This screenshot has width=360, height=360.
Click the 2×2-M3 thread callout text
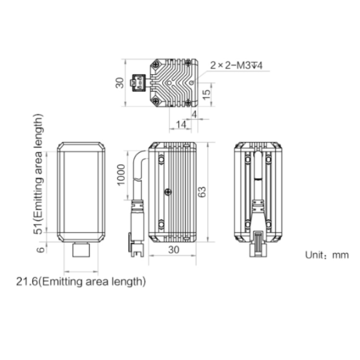236,66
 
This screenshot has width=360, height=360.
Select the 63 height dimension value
202,192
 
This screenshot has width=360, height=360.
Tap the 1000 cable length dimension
121,175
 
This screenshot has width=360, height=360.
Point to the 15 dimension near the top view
206,95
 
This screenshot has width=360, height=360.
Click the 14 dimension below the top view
181,125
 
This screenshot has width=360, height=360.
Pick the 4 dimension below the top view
194,114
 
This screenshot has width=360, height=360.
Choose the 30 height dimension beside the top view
120,83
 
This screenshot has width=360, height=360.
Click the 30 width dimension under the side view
174,250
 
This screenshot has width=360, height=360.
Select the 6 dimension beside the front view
40,250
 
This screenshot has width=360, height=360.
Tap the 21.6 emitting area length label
81,282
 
